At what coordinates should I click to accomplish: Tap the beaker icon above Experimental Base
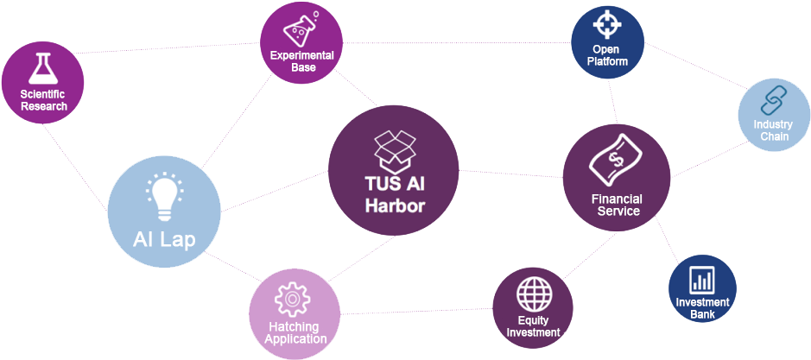point(300,32)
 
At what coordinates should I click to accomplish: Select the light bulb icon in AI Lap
point(164,196)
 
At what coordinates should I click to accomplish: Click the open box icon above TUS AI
point(395,149)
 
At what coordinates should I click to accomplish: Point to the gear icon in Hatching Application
point(291,299)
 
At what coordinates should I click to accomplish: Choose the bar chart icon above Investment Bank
point(703,280)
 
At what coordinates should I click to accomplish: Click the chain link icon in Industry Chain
point(770,104)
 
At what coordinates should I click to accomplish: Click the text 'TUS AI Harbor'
point(395,195)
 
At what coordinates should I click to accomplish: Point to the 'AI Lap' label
point(163,237)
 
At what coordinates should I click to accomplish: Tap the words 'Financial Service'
point(617,205)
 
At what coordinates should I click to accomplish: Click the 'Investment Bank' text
point(703,308)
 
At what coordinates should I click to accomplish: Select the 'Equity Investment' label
point(533,326)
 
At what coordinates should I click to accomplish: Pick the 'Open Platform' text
point(608,55)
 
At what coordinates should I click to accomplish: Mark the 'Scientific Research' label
point(42,100)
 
